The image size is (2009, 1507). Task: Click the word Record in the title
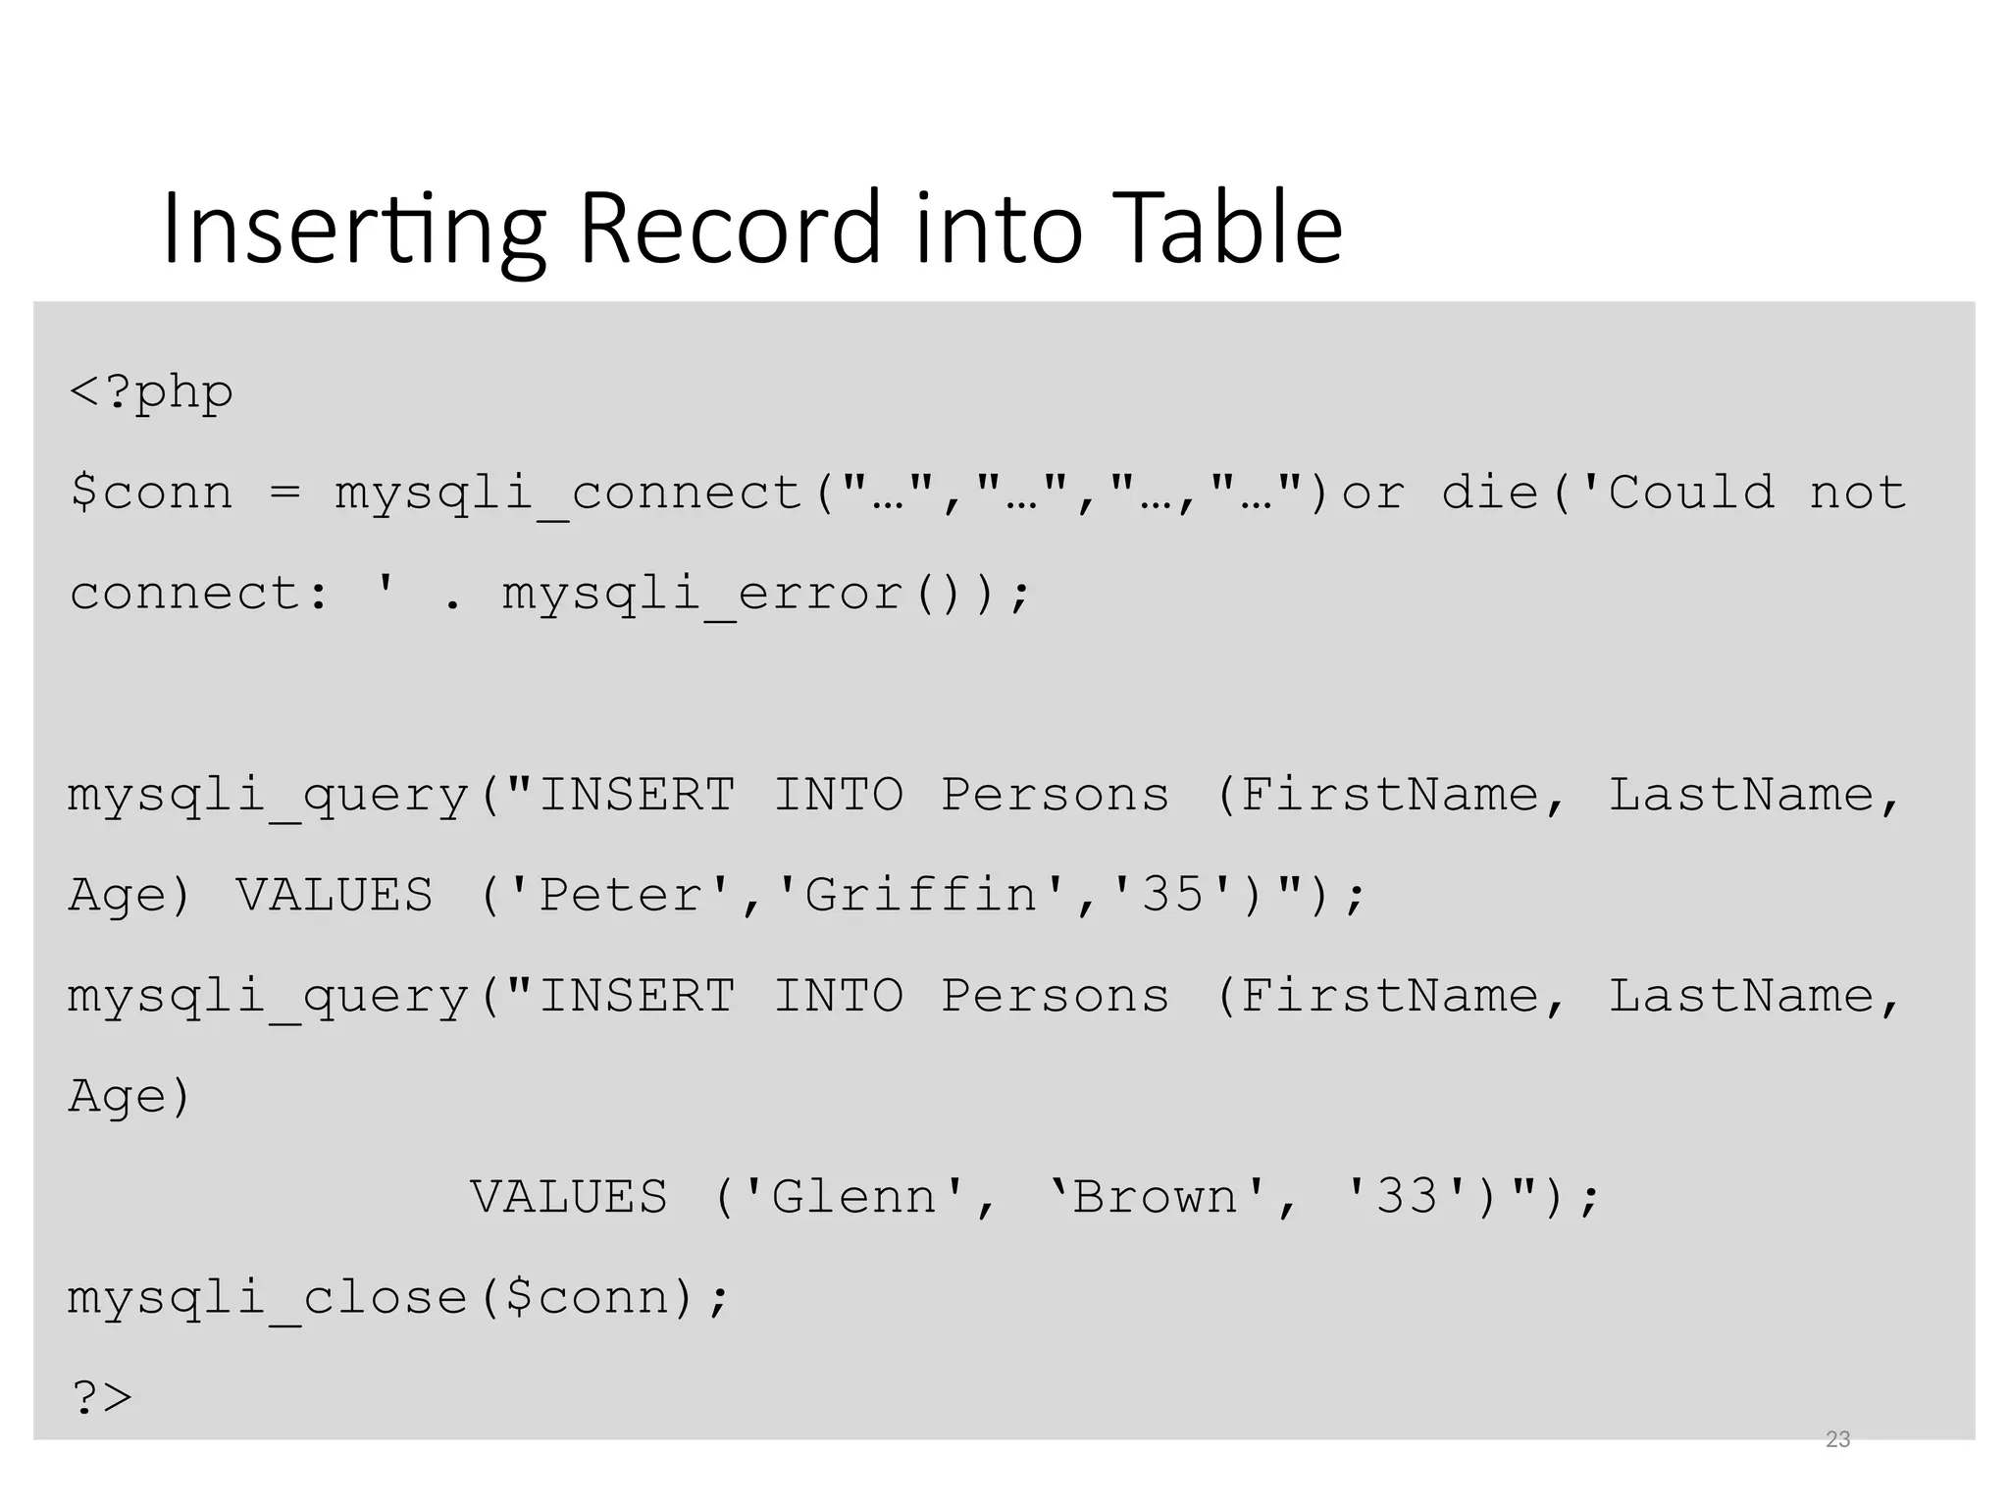(730, 228)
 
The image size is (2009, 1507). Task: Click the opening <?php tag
(151, 392)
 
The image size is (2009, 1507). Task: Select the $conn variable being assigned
(151, 493)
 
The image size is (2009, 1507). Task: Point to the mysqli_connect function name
(569, 493)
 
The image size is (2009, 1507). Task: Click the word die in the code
(1490, 493)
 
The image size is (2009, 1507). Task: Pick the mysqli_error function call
(701, 594)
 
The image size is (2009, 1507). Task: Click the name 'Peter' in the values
(622, 895)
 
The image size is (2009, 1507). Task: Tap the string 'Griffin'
(920, 895)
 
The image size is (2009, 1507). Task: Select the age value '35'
(1173, 895)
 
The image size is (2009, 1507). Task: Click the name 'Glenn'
(854, 1197)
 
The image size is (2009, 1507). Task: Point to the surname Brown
(1156, 1197)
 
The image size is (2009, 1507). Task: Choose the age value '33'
(1407, 1197)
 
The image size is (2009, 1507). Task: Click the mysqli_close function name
(267, 1298)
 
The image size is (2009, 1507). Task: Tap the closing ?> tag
(101, 1397)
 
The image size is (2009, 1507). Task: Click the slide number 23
(1837, 1439)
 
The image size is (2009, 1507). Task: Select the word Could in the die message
(1690, 493)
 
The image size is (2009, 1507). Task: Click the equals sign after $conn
(284, 493)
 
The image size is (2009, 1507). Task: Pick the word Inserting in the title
(353, 228)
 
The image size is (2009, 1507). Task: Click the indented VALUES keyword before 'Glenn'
(569, 1197)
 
